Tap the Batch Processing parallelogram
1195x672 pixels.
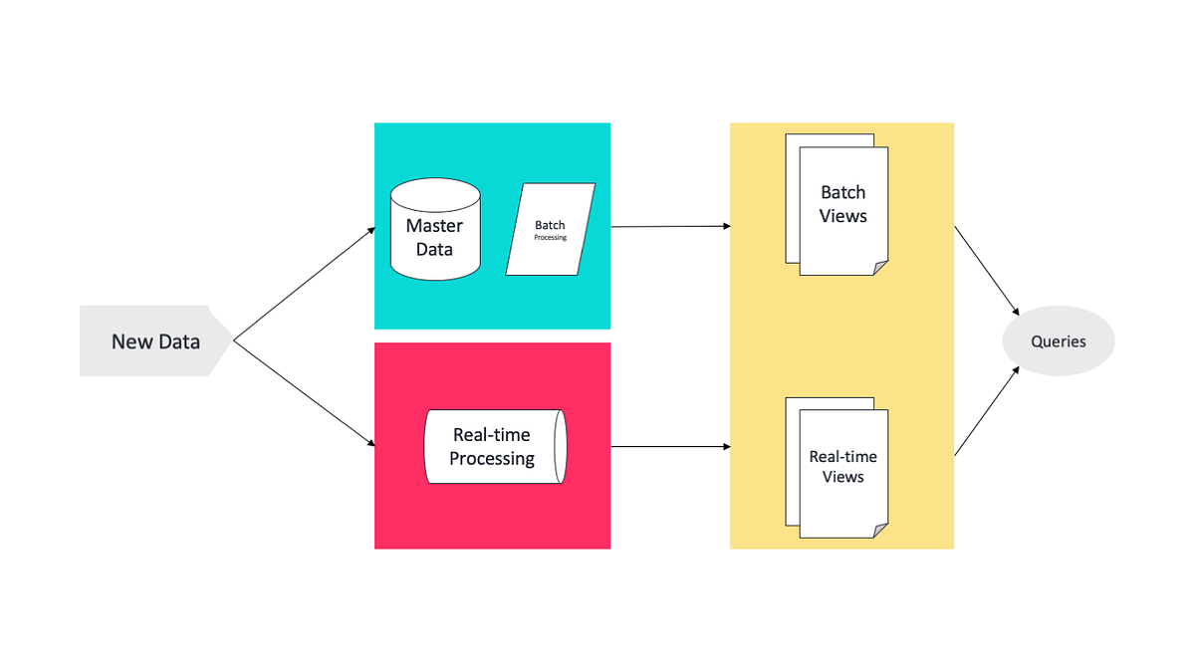point(551,229)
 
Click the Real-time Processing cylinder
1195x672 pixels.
point(492,447)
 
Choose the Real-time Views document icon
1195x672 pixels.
point(841,468)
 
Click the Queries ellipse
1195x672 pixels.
point(1058,341)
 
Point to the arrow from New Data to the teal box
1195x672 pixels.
point(304,285)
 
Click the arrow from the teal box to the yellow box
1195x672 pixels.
point(670,227)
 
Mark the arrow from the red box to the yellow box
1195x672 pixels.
point(670,447)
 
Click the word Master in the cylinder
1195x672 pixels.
point(434,226)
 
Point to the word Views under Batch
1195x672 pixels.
point(843,216)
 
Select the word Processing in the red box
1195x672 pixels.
point(492,459)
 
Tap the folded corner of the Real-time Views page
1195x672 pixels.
point(880,531)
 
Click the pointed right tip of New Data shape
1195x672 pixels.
point(231,341)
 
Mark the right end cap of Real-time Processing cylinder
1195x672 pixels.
point(560,447)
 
